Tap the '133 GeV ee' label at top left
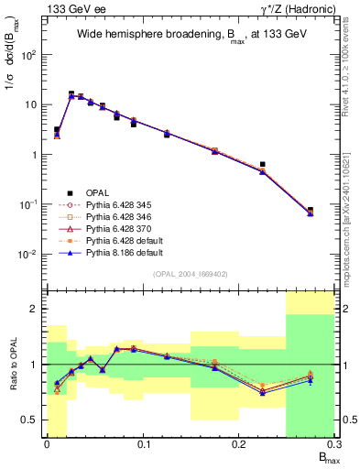(70, 8)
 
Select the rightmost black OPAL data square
(311, 210)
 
